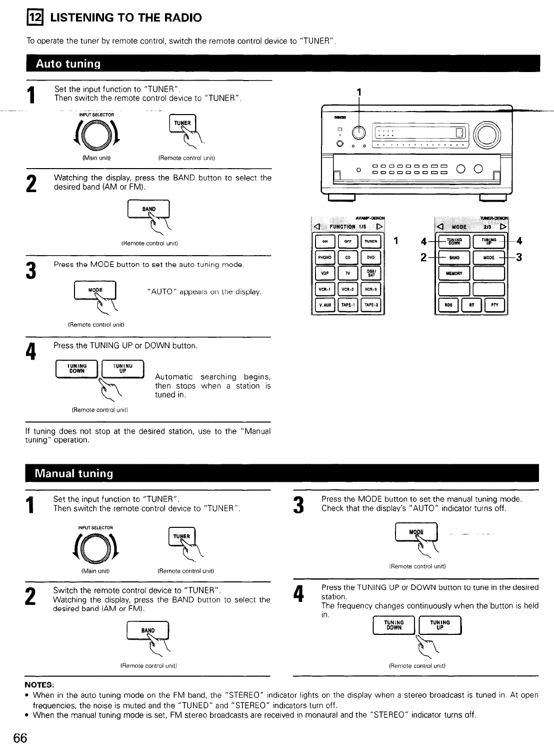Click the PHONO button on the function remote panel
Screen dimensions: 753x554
click(x=325, y=258)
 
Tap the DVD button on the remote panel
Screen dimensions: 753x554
click(x=370, y=258)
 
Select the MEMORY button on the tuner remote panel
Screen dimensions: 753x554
click(x=453, y=274)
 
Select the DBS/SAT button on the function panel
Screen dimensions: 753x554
click(x=370, y=273)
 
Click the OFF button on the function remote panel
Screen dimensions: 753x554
click(x=348, y=242)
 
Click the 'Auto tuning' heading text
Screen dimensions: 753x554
click(x=68, y=64)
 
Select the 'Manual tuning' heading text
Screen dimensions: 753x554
click(x=74, y=473)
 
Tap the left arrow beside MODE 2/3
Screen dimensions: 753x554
click(x=441, y=226)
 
